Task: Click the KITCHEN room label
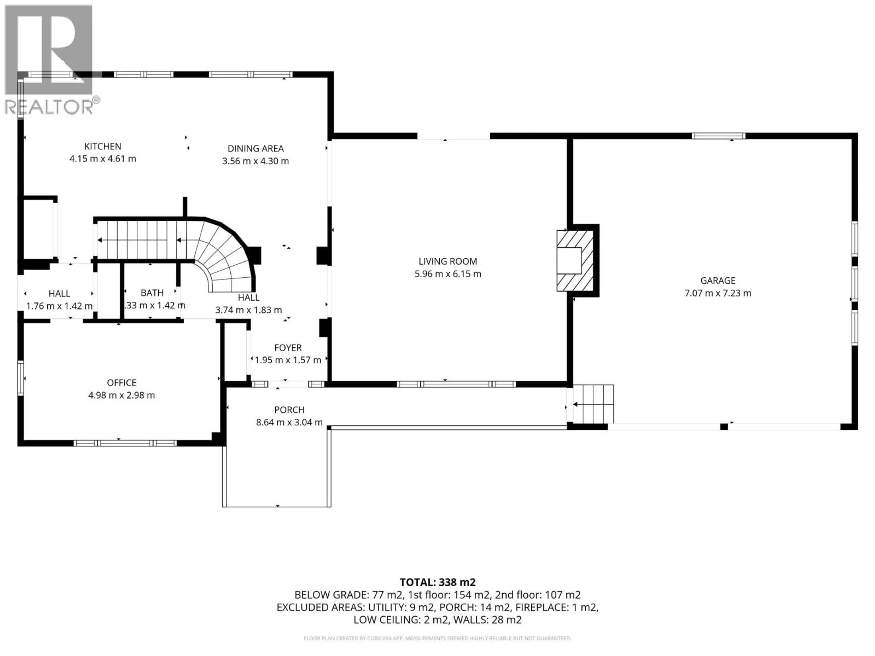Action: pos(103,146)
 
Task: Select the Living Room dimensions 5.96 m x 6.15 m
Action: pos(448,274)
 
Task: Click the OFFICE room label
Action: pos(121,382)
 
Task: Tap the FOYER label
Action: pos(288,348)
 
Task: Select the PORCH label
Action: pos(289,410)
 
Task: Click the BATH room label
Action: pos(152,293)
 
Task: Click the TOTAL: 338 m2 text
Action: pos(437,582)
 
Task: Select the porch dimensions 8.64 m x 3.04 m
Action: pos(289,422)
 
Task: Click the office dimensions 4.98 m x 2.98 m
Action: pos(121,395)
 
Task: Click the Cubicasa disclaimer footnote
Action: pos(437,638)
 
